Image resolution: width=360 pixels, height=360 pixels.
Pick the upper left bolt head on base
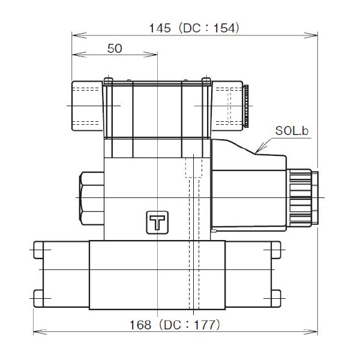[x=39, y=248]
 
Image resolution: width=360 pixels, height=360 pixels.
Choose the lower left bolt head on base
[x=39, y=298]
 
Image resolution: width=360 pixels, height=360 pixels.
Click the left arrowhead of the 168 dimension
[x=36, y=331]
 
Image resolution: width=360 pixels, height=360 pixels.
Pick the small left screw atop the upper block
[x=108, y=81]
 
